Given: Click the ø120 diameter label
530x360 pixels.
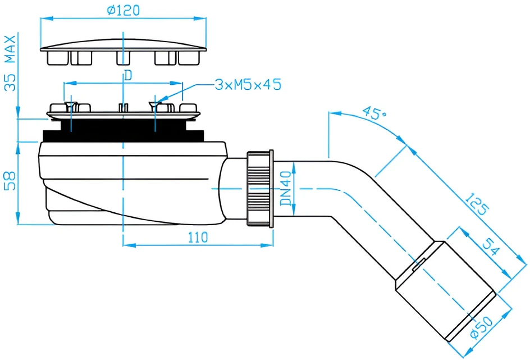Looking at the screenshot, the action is click(123, 10).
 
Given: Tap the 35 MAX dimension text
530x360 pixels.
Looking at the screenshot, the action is click(10, 63).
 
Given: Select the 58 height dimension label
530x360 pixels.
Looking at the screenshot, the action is click(10, 180).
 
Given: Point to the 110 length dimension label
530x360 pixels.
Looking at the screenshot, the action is click(198, 238).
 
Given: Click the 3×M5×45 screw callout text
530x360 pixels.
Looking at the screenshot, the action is click(248, 84).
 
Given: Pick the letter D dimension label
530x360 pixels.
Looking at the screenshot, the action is click(128, 75).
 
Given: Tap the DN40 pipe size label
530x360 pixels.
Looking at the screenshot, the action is click(286, 188).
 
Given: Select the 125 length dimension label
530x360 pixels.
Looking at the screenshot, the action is click(477, 204).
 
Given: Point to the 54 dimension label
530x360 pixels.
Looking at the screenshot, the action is click(491, 247).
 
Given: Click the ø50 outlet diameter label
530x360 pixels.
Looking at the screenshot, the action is click(482, 327).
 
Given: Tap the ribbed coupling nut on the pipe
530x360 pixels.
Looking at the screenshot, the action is click(260, 189).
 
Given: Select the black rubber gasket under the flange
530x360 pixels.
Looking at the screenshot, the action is click(124, 130).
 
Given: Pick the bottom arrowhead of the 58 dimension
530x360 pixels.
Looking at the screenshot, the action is click(18, 218).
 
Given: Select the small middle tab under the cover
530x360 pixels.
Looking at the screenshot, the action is click(123, 57).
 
